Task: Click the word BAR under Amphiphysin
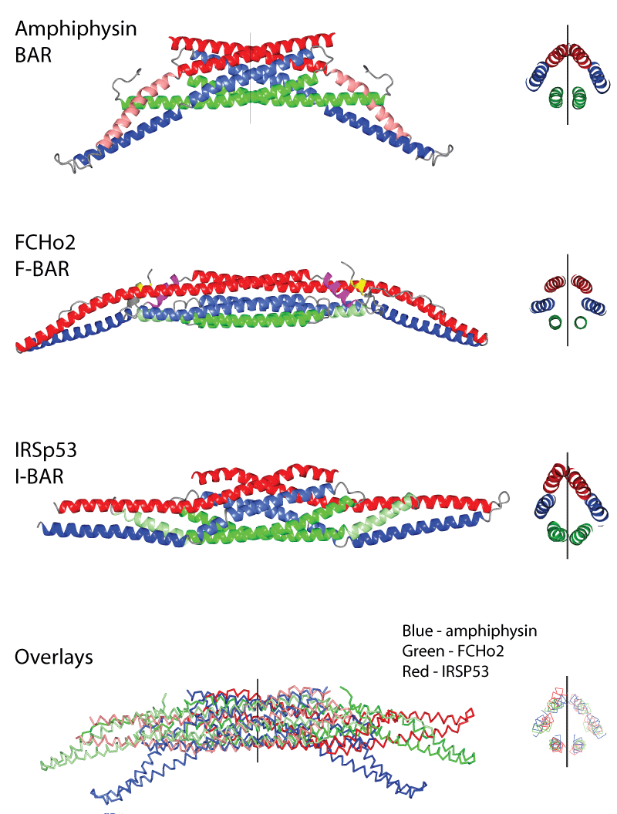pyautogui.click(x=33, y=55)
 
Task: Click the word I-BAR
pyautogui.click(x=39, y=476)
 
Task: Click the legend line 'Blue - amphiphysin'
pyautogui.click(x=469, y=631)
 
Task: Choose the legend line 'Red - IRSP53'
pyautogui.click(x=446, y=671)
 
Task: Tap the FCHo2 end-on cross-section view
pyautogui.click(x=568, y=301)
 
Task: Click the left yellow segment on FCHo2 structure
pyautogui.click(x=140, y=287)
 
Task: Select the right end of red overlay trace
pyautogui.click(x=470, y=714)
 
